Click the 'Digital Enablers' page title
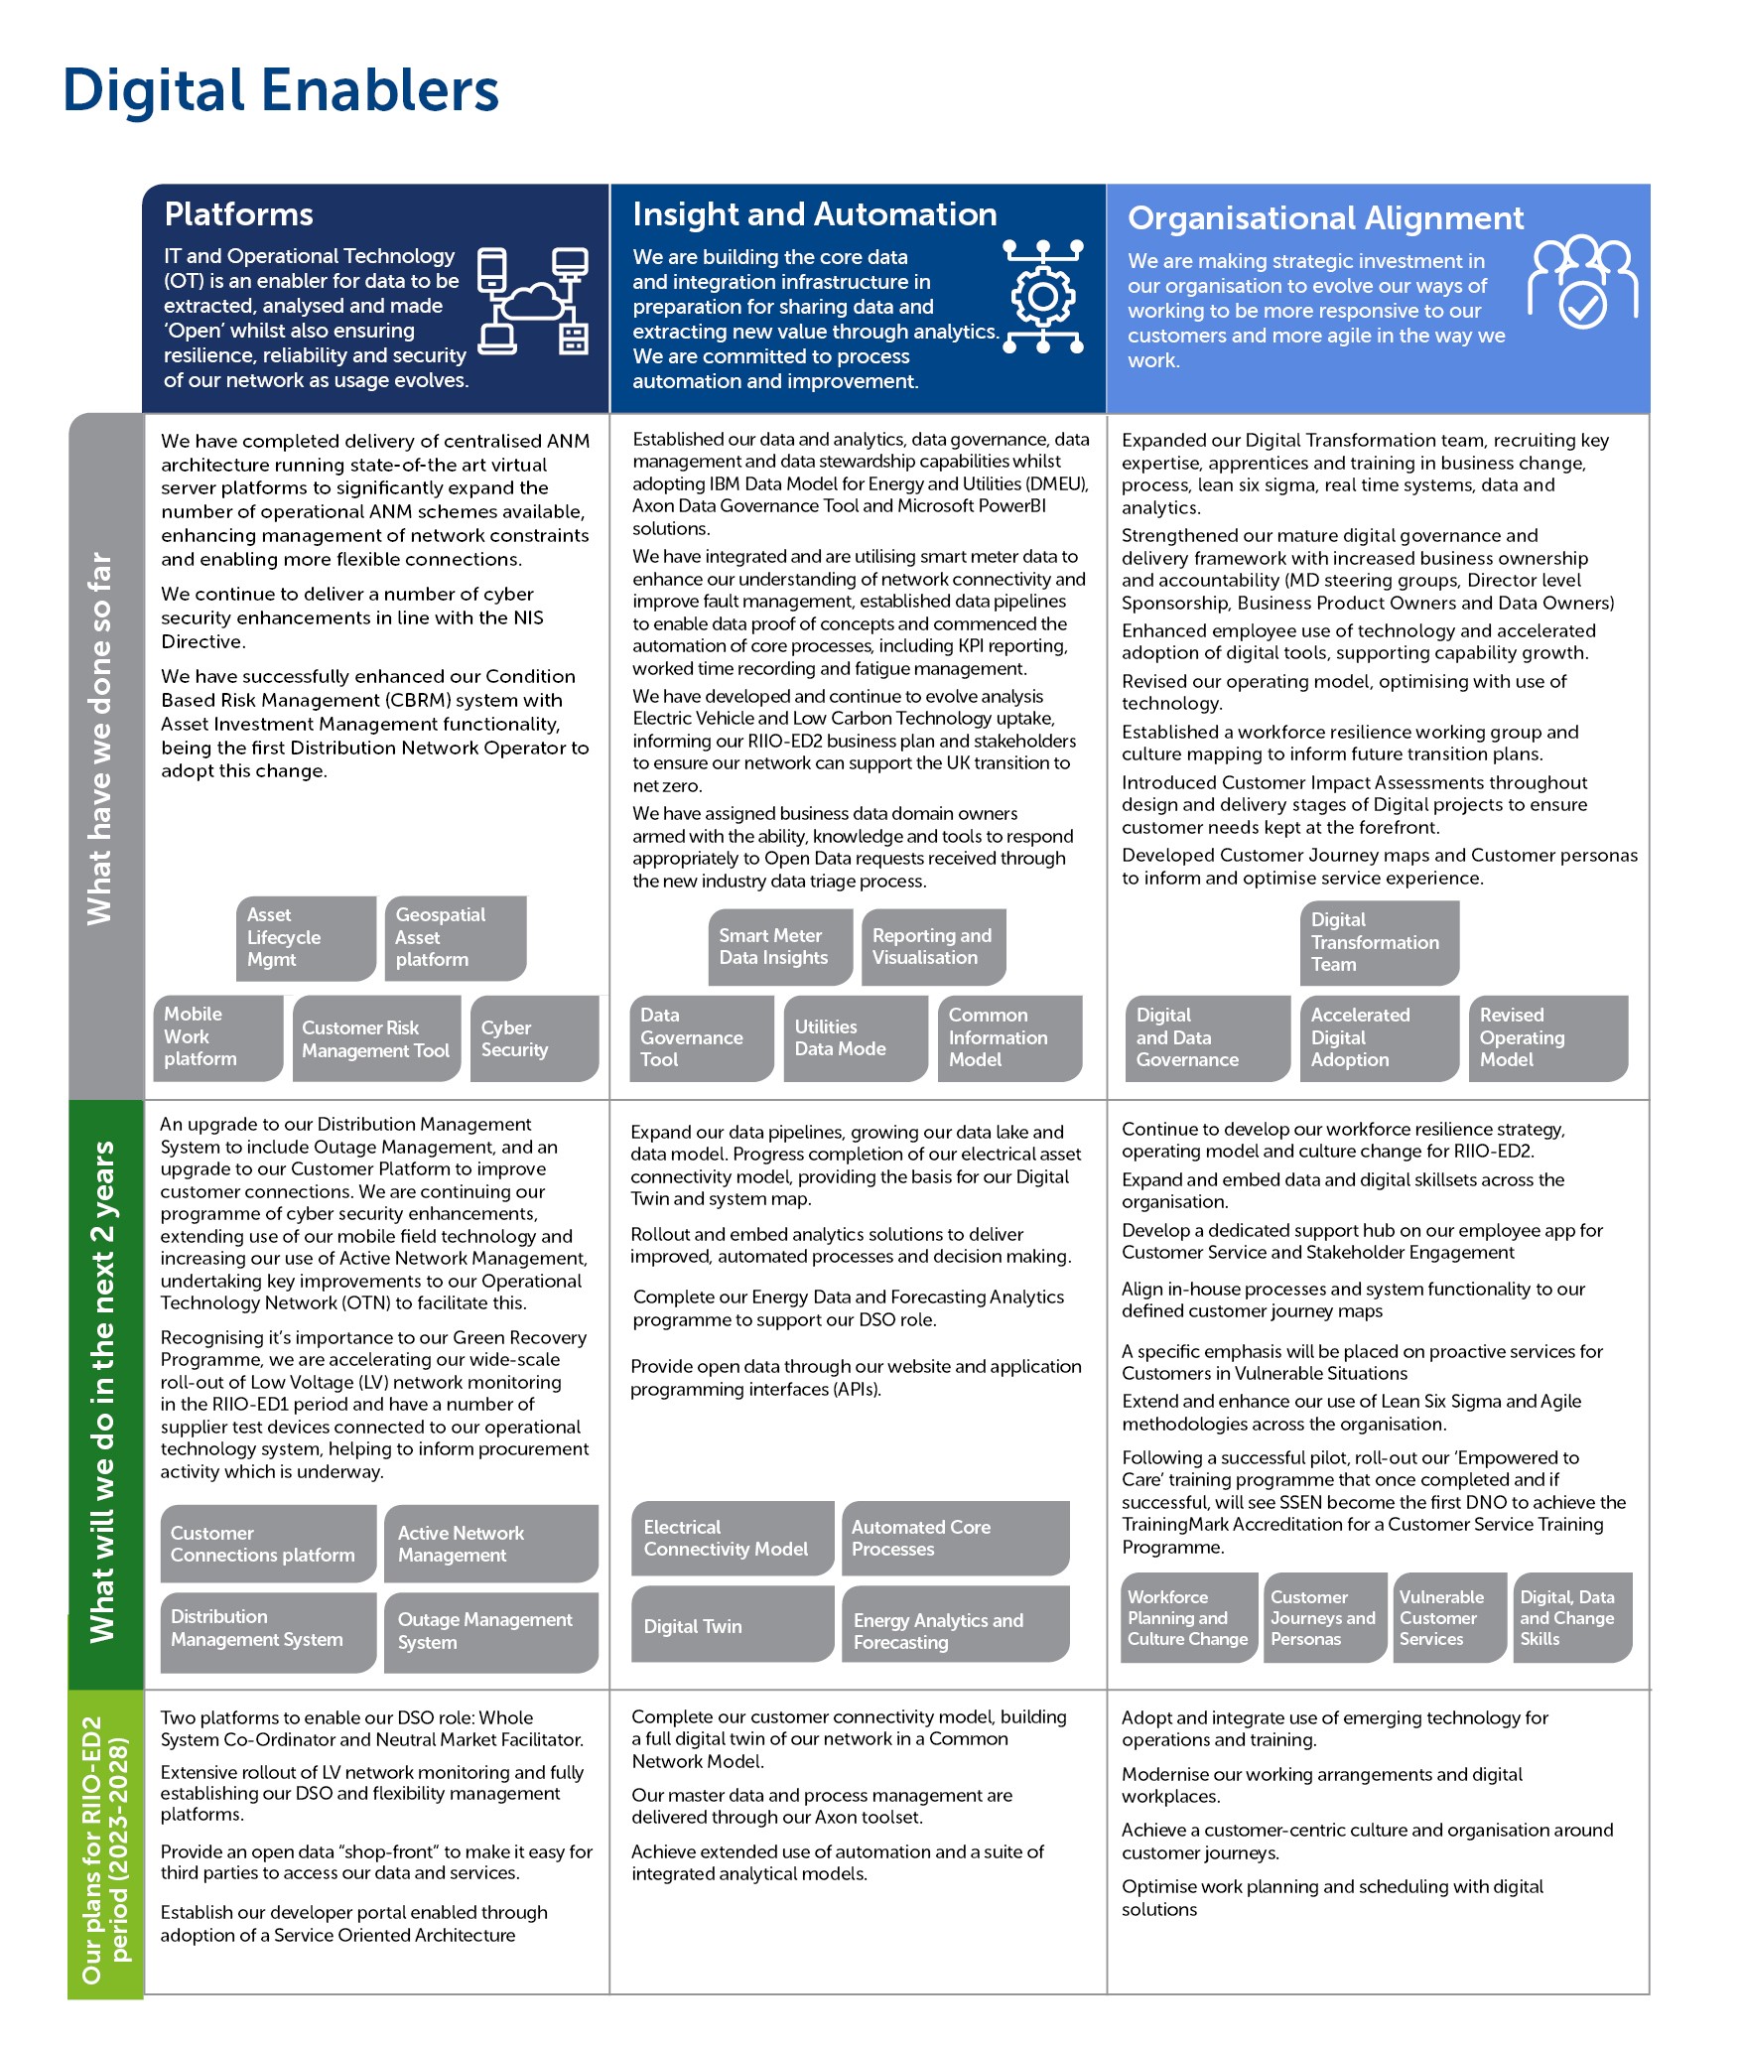coord(281,90)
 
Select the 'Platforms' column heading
coord(238,214)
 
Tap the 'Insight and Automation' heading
coord(815,214)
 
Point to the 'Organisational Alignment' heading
coord(1325,218)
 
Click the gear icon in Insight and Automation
coord(1042,297)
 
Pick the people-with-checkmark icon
coord(1582,282)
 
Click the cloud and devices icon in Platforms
coord(533,301)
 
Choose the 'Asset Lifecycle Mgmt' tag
coord(307,938)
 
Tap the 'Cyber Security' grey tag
coord(535,1038)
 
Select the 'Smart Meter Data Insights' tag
coord(780,947)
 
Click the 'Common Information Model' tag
coord(1009,1038)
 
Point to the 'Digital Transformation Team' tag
coord(1380,943)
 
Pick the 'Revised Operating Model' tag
coord(1548,1038)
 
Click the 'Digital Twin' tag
coord(733,1625)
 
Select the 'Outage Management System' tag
coord(491,1631)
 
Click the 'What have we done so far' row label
coord(100,739)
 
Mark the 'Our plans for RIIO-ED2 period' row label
coord(105,1850)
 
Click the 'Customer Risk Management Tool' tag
coord(377,1038)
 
